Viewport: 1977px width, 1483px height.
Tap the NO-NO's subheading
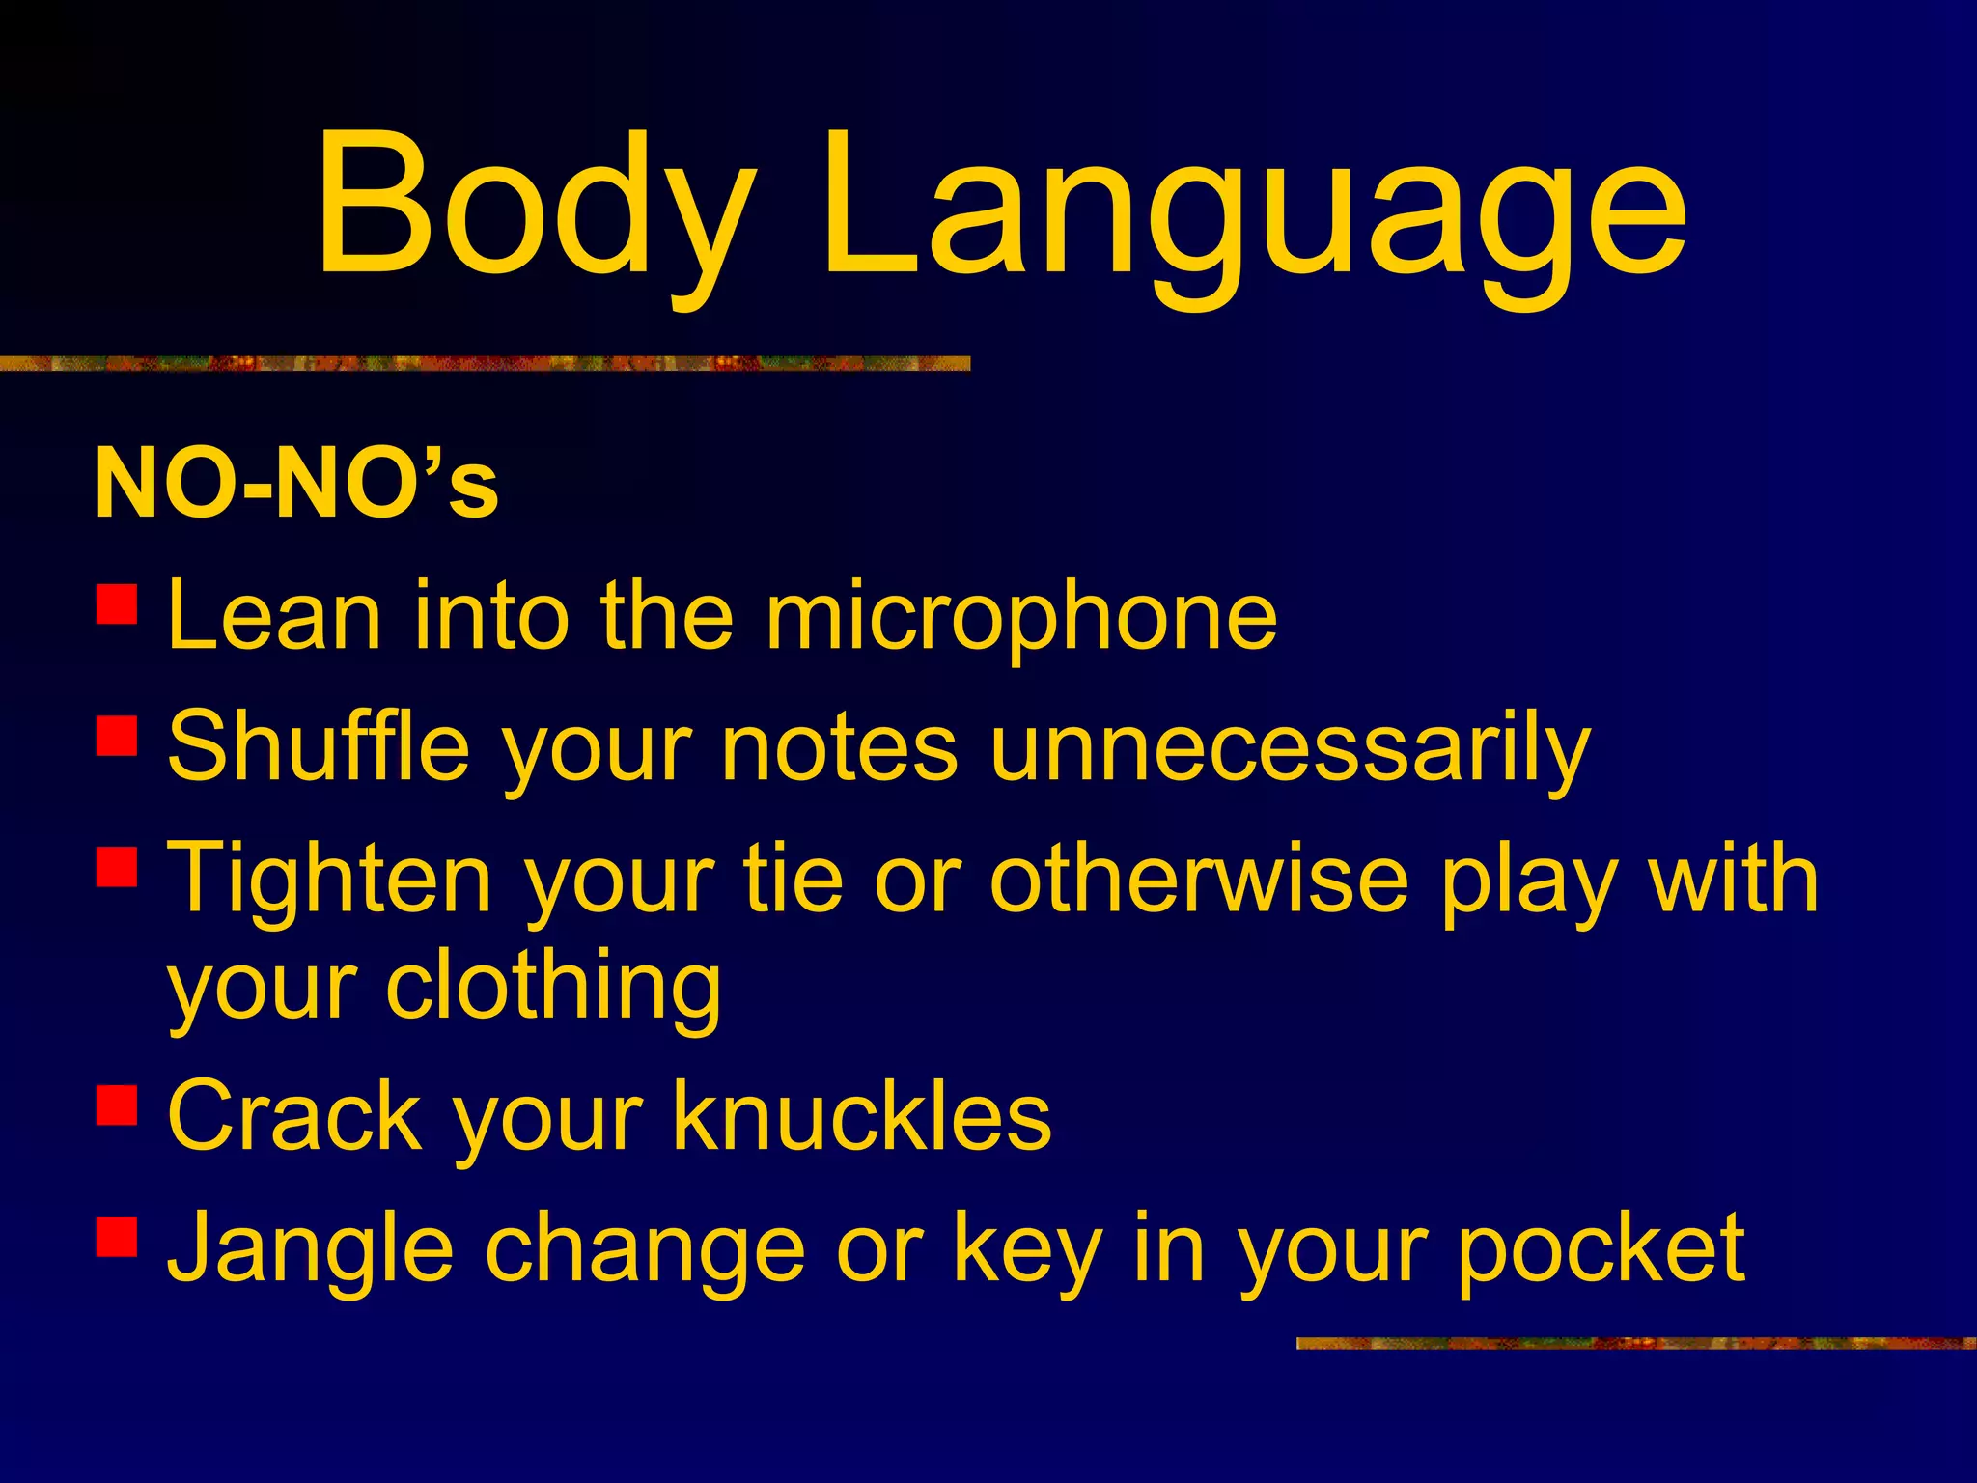[x=296, y=483]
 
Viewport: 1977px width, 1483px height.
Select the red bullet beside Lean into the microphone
[x=117, y=603]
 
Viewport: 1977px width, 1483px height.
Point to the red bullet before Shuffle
[x=117, y=735]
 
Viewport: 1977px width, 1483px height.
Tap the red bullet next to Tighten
[x=117, y=866]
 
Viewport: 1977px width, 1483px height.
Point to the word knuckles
[x=862, y=1117]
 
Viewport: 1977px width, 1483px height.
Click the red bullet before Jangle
[x=117, y=1236]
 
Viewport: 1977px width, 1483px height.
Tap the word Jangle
[x=309, y=1249]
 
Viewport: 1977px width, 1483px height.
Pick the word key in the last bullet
[x=1027, y=1249]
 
